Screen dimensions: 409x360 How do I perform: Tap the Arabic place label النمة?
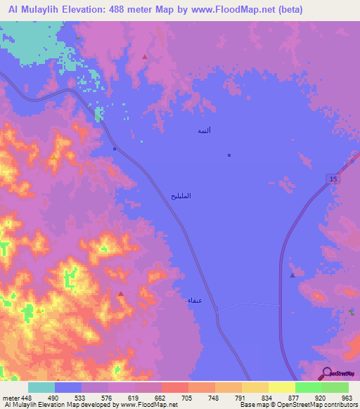pyautogui.click(x=204, y=131)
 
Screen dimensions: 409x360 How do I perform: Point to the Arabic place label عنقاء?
pyautogui.click(x=195, y=300)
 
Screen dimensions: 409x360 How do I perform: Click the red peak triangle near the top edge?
pyautogui.click(x=145, y=56)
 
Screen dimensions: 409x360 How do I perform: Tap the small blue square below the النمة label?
pyautogui.click(x=229, y=155)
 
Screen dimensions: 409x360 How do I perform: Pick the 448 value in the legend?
pyautogui.click(x=26, y=397)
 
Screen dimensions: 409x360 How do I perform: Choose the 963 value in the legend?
pyautogui.click(x=346, y=397)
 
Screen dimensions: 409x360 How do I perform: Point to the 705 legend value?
pyautogui.click(x=186, y=397)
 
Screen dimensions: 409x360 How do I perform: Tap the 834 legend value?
pyautogui.click(x=266, y=397)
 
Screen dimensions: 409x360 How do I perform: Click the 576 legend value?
pyautogui.click(x=106, y=397)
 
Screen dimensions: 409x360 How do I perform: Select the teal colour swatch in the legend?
pyautogui.click(x=41, y=387)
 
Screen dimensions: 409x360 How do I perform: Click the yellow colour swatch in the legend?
pyautogui.click(x=281, y=387)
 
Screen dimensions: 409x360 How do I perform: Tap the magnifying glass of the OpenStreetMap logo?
pyautogui.click(x=326, y=372)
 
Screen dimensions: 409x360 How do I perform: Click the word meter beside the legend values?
pyautogui.click(x=11, y=397)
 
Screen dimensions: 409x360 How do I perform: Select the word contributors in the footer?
pyautogui.click(x=339, y=405)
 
